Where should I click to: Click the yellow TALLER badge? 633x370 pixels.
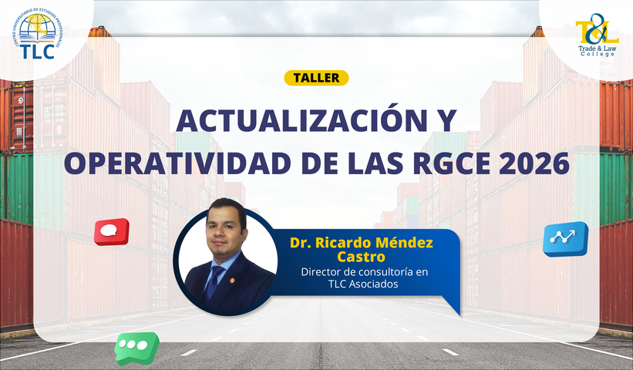[316, 77]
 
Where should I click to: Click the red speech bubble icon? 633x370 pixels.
[111, 231]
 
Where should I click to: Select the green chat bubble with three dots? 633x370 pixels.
[136, 346]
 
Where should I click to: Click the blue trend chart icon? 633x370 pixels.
[564, 238]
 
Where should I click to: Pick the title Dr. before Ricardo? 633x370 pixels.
[300, 243]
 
